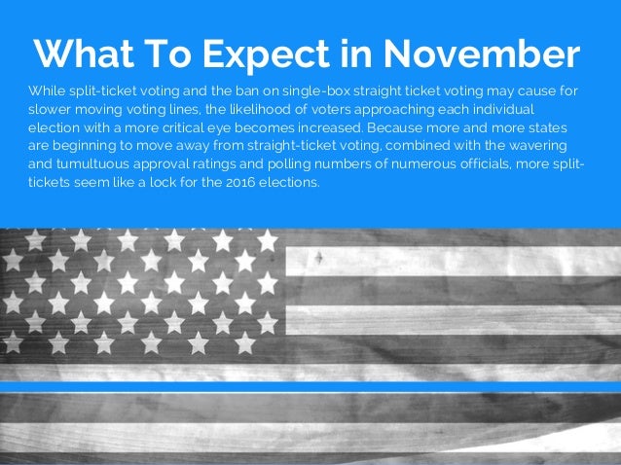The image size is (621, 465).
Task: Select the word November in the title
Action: point(496,54)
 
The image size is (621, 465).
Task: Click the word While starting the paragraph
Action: point(48,90)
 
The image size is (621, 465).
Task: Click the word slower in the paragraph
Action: point(49,109)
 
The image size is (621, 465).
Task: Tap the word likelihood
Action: point(260,109)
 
